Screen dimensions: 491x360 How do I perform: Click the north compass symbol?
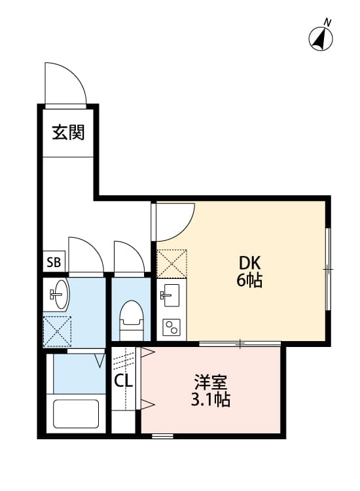320,37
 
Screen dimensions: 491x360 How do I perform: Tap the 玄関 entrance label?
68,133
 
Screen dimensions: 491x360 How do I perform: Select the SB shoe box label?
53,263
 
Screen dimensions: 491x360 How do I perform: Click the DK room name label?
249,263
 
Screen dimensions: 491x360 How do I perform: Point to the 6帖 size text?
249,282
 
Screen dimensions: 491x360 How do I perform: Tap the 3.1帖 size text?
210,400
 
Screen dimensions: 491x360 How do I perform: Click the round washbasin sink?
60,294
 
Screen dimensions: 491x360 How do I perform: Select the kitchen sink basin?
172,293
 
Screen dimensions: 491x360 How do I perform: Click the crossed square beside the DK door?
172,264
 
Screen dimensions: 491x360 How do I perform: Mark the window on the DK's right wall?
329,268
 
